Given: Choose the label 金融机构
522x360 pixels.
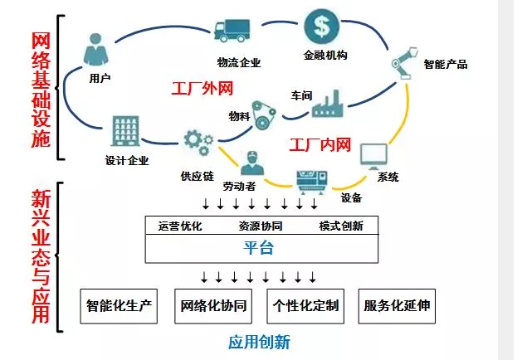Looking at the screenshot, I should pos(324,56).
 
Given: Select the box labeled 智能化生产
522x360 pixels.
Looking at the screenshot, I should pos(120,306).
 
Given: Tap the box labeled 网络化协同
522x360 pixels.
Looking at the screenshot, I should pos(212,306).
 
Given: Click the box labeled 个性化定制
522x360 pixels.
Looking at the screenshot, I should pos(305,306).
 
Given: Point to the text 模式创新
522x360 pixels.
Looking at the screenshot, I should pos(340,226).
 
